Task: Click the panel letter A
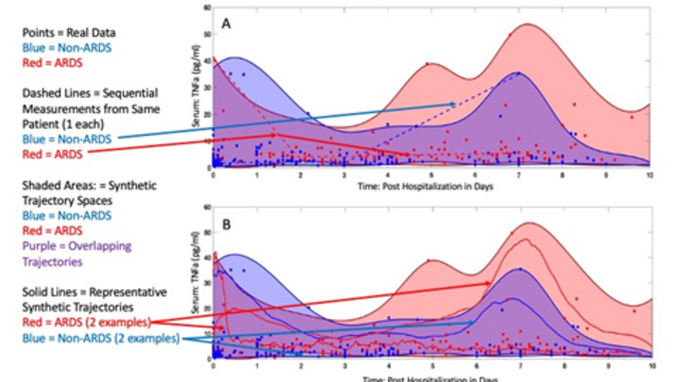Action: click(227, 20)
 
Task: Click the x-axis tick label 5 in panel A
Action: click(432, 174)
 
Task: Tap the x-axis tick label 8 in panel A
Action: click(563, 174)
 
